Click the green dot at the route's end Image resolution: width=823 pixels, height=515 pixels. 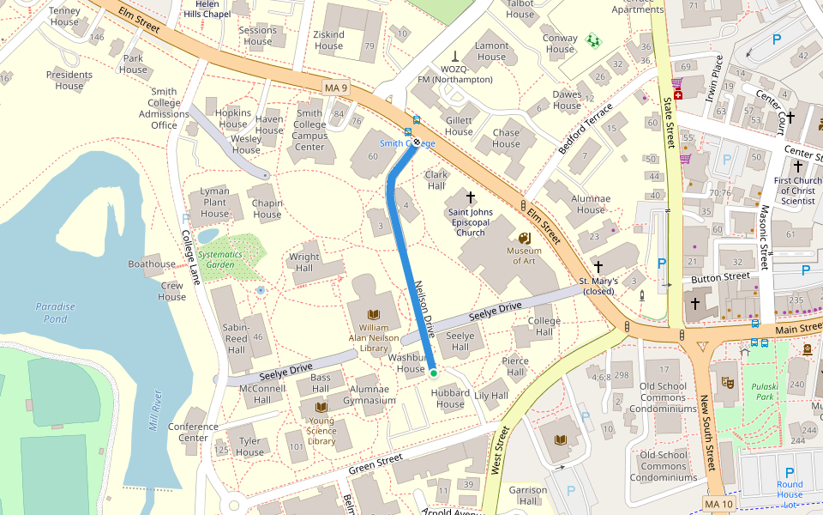pyautogui.click(x=434, y=373)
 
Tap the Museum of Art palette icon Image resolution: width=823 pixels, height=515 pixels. pyautogui.click(x=524, y=238)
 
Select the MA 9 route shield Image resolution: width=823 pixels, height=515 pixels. pyautogui.click(x=336, y=88)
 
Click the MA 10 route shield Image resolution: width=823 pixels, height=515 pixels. pyautogui.click(x=718, y=502)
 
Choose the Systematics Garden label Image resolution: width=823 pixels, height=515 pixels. pyautogui.click(x=220, y=259)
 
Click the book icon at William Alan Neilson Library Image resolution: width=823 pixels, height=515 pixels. pyautogui.click(x=373, y=314)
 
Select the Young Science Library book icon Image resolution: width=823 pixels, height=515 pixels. pyautogui.click(x=321, y=407)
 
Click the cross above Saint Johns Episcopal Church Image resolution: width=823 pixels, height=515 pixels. pyautogui.click(x=470, y=197)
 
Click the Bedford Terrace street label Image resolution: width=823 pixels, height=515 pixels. pyautogui.click(x=586, y=129)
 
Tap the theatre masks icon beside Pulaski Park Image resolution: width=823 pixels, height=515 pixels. pyautogui.click(x=728, y=379)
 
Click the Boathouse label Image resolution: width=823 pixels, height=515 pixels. pyautogui.click(x=152, y=264)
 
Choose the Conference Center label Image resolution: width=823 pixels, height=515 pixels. pyautogui.click(x=193, y=432)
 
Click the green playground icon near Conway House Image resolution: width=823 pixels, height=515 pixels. pyautogui.click(x=592, y=39)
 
